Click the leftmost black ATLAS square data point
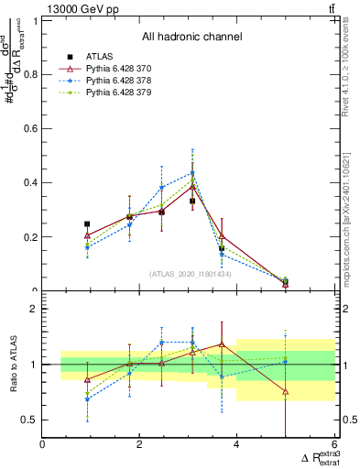pos(87,224)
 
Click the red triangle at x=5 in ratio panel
pos(285,391)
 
